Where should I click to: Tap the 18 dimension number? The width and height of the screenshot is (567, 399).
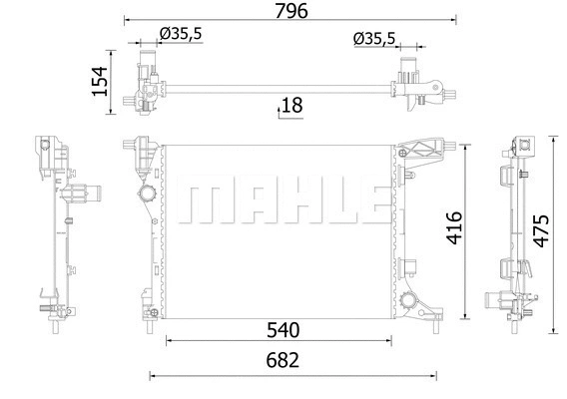291,105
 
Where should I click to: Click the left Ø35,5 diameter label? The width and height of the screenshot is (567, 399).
181,34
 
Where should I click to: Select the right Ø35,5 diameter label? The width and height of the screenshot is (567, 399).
374,39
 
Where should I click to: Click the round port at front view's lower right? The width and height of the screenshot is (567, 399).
410,300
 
